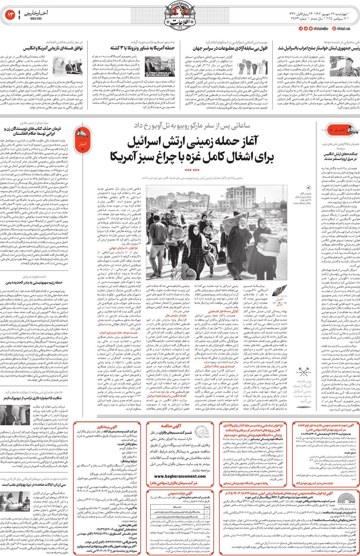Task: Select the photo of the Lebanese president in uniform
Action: pos(350,65)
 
